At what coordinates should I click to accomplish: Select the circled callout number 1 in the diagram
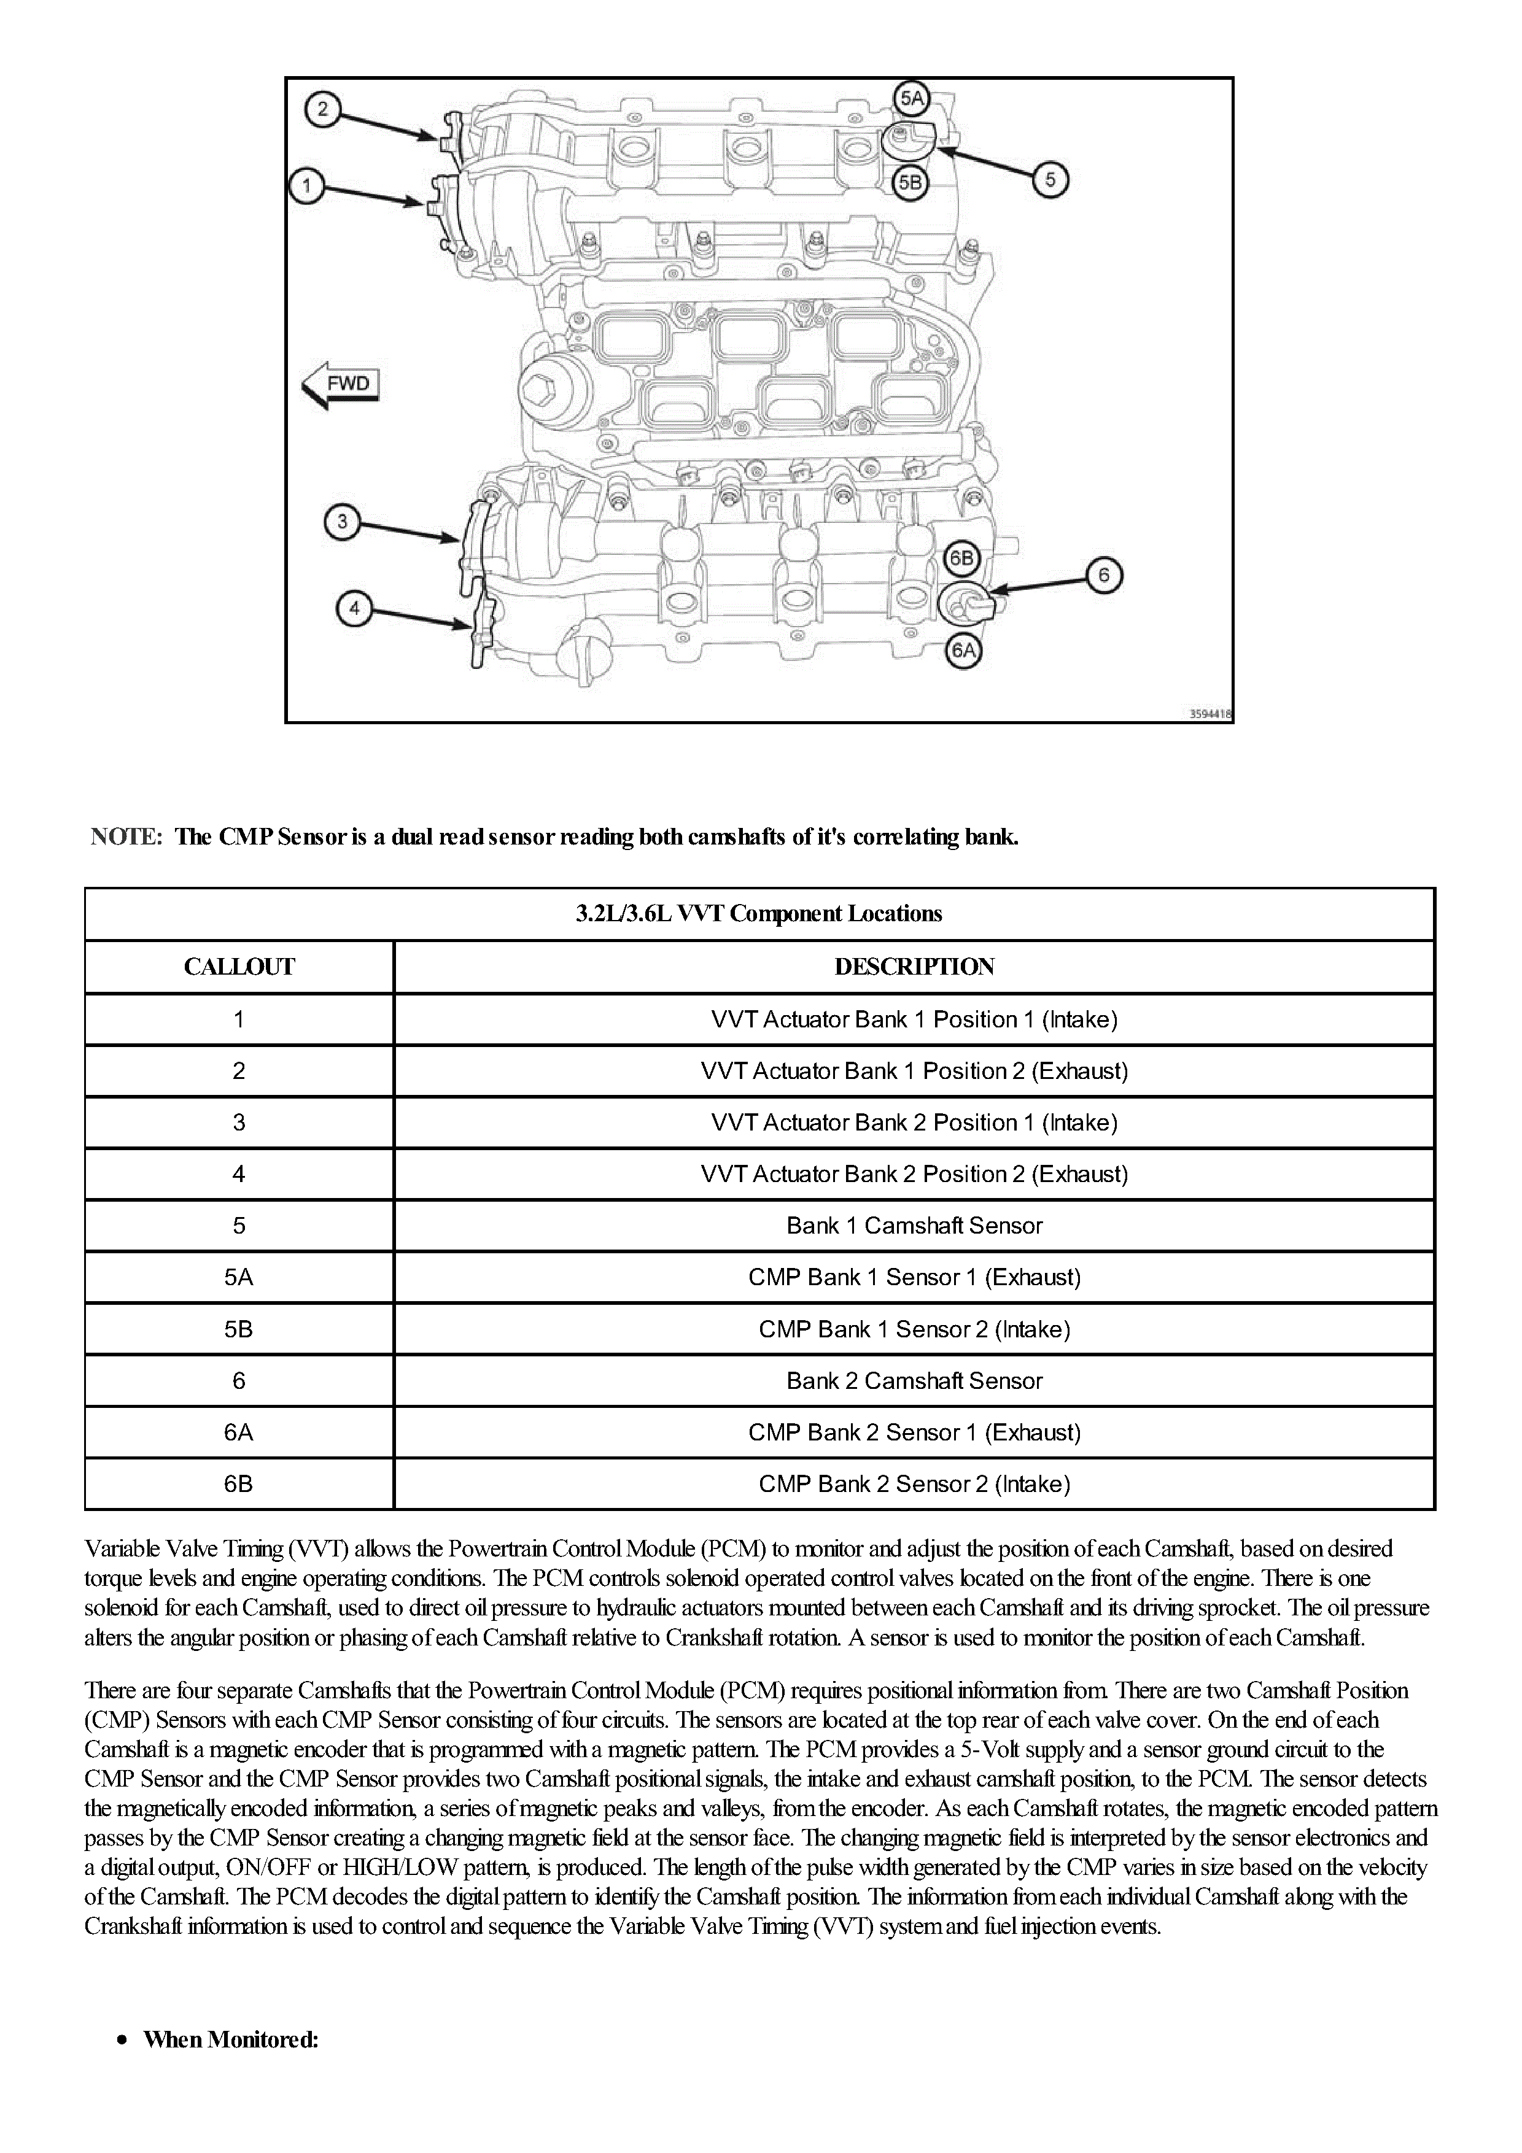coord(306,186)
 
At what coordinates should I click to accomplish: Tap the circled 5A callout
coord(912,98)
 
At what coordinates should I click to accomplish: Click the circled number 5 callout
coord(1050,179)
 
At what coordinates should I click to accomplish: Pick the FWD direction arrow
coord(340,384)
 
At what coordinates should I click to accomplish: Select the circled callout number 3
coord(343,521)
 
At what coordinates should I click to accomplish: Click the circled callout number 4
coord(354,609)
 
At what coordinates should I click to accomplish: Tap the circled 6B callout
coord(962,560)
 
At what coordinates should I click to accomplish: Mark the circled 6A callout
coord(964,650)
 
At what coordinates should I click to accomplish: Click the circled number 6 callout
coord(1104,575)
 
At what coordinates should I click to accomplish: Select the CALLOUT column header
coord(239,967)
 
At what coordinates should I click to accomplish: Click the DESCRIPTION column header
coord(914,967)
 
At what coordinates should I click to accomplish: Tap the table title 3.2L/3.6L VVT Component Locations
coord(759,914)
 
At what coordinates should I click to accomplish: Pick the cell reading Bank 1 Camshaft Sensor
coord(914,1226)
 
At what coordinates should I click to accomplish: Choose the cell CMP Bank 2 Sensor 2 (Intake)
coord(914,1485)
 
